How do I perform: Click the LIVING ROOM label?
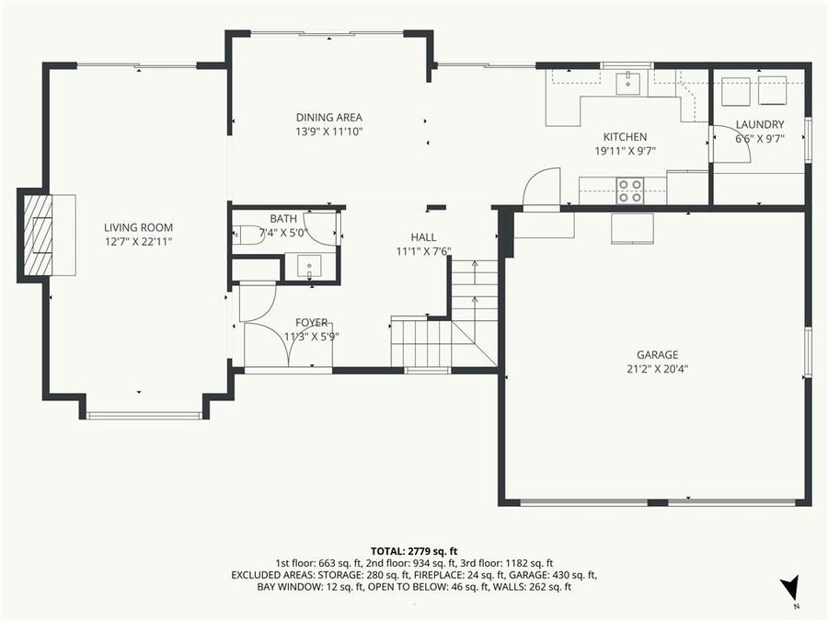tap(138, 227)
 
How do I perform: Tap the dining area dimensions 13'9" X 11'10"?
tap(329, 132)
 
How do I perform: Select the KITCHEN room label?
tap(625, 137)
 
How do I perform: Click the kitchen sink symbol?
tap(628, 83)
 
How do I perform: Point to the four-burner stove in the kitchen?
tap(629, 190)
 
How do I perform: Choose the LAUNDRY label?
tap(759, 124)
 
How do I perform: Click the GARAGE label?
tap(657, 354)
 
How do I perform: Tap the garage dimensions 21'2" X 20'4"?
tap(657, 369)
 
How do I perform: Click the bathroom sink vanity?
tap(309, 266)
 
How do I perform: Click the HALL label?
tap(423, 236)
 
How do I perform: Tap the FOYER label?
tap(311, 322)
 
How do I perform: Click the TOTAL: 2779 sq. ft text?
tap(414, 549)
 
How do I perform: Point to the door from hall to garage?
tap(541, 189)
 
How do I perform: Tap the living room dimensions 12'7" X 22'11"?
tap(138, 242)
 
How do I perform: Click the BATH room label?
tap(283, 218)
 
